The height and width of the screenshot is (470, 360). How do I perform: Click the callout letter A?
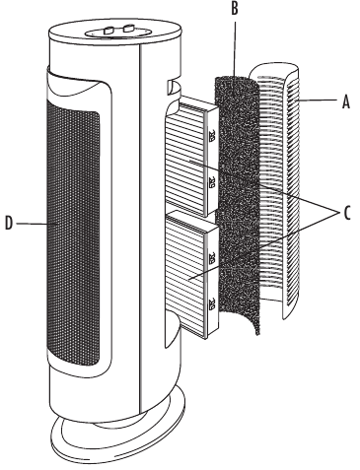click(x=346, y=101)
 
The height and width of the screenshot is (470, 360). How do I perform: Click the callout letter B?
click(x=235, y=9)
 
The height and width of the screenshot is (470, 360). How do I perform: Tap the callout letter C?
click(x=347, y=213)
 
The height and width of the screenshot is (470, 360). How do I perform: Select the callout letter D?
click(x=9, y=224)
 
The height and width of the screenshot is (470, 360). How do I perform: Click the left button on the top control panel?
click(x=108, y=31)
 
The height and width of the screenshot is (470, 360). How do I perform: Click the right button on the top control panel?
click(x=128, y=29)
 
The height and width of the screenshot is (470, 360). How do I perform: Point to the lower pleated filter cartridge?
click(x=192, y=274)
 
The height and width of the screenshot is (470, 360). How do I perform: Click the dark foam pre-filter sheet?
click(x=238, y=204)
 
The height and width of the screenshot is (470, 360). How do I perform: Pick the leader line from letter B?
click(x=234, y=56)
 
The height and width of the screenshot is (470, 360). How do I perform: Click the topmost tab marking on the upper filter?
click(x=212, y=135)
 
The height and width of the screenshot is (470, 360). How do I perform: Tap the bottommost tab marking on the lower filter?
click(x=212, y=303)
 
